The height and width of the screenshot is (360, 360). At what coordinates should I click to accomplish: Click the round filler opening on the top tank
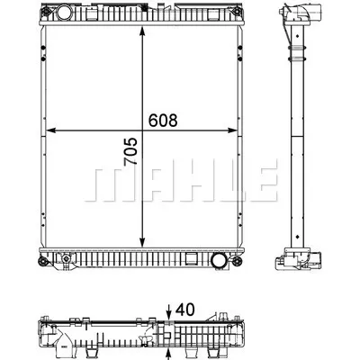pyautogui.click(x=64, y=15)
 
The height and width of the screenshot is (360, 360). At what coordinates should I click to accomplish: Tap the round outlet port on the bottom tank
pyautogui.click(x=219, y=261)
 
